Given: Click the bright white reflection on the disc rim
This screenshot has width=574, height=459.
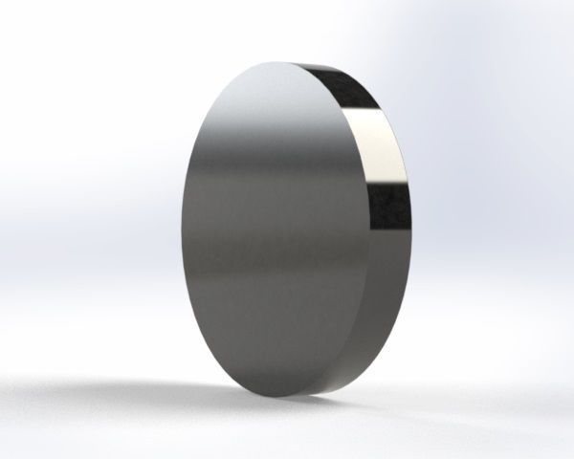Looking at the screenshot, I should (x=383, y=148).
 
